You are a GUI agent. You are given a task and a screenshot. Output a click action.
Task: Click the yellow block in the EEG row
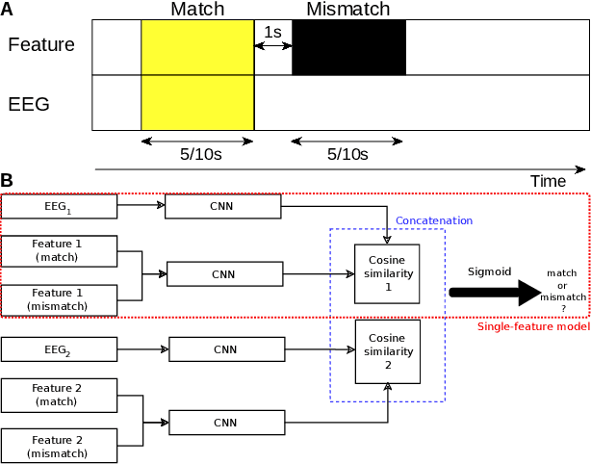[197, 103]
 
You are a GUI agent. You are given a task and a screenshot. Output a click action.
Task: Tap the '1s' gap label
[272, 32]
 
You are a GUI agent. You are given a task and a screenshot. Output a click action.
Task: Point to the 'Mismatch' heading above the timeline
[347, 10]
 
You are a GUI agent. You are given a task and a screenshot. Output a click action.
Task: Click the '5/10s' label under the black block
[347, 154]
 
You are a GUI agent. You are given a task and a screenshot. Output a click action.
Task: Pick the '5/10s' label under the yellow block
[197, 154]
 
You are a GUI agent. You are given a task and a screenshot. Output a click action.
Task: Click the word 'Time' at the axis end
[548, 181]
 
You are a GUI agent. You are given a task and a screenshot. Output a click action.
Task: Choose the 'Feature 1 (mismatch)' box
[59, 299]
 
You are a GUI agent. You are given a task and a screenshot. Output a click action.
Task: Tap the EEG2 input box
[59, 349]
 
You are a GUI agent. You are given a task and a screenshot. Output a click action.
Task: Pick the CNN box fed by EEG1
[223, 205]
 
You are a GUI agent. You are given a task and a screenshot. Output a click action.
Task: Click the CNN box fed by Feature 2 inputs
[226, 422]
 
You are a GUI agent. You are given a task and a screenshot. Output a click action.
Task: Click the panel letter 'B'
[7, 180]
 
